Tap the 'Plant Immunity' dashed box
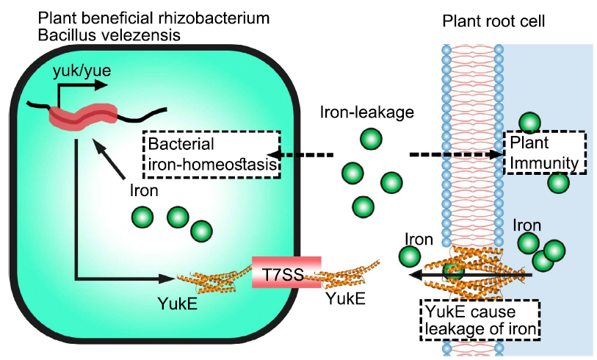[544, 153]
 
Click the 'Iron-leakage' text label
[357, 112]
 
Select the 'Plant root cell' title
[493, 19]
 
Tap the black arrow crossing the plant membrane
[470, 276]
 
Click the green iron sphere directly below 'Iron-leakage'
[372, 139]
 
